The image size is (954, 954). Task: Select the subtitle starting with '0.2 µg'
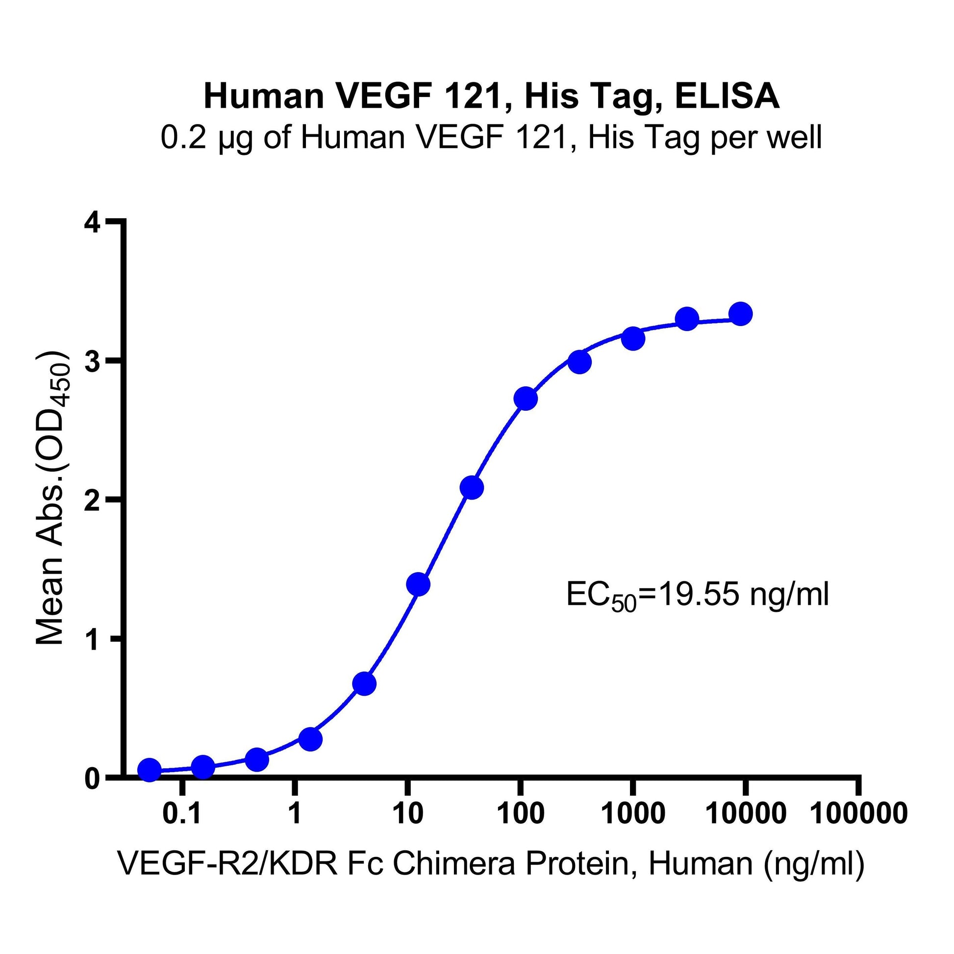[491, 137]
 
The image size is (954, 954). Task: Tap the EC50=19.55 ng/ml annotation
[697, 595]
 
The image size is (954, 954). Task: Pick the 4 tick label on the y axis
[92, 223]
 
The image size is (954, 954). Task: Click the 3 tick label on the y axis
[92, 361]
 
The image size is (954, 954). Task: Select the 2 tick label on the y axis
[92, 500]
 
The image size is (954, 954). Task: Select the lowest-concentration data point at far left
[149, 769]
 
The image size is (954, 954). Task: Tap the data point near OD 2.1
[472, 488]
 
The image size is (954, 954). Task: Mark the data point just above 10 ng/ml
[418, 584]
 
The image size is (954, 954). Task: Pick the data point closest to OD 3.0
[579, 362]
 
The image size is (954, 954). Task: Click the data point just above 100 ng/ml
[526, 399]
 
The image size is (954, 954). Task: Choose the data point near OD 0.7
[364, 684]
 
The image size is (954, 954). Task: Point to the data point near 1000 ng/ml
[633, 338]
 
